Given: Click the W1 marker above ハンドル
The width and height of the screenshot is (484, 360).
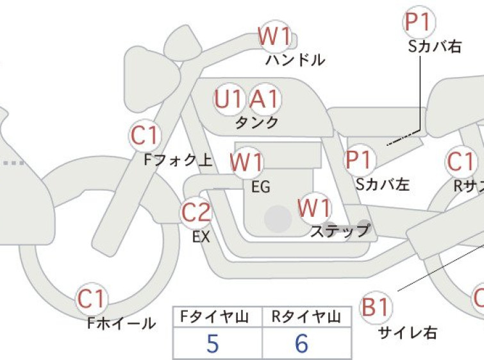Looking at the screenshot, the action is tap(275, 37).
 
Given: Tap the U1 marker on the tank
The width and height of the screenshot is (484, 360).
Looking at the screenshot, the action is tap(228, 99).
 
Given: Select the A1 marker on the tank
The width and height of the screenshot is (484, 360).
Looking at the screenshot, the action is tap(265, 99).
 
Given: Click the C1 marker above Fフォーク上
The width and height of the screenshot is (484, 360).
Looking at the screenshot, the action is tap(145, 135).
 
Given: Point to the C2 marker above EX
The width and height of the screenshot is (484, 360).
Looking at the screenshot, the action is tap(196, 212).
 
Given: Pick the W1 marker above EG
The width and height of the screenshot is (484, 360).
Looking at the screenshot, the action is tap(247, 162).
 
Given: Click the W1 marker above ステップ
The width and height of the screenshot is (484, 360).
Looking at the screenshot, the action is tap(315, 209).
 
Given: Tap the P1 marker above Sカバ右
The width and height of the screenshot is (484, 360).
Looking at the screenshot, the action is tap(419, 22).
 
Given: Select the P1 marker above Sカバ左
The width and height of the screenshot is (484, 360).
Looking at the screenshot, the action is tap(360, 160).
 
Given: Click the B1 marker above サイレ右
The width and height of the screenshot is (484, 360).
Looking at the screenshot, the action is tap(376, 307).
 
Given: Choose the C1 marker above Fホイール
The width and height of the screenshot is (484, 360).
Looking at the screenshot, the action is tap(92, 299).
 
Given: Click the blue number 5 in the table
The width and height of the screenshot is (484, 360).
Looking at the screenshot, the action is tap(213, 343).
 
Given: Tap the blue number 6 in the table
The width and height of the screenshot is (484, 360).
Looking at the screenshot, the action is tap(301, 343).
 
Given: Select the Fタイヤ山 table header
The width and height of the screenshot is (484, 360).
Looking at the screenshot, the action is tap(214, 317).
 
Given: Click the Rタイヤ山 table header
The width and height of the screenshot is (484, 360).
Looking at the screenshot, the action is tap(306, 317).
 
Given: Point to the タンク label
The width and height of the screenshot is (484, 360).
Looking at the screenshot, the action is tap(257, 123).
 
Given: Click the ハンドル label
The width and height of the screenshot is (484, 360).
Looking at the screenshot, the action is tap(295, 60).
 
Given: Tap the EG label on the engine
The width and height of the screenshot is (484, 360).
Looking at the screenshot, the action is tap(261, 187).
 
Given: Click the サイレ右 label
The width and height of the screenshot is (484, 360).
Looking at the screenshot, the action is tap(408, 333).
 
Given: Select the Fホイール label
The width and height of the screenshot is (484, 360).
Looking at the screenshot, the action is tap(122, 323).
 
